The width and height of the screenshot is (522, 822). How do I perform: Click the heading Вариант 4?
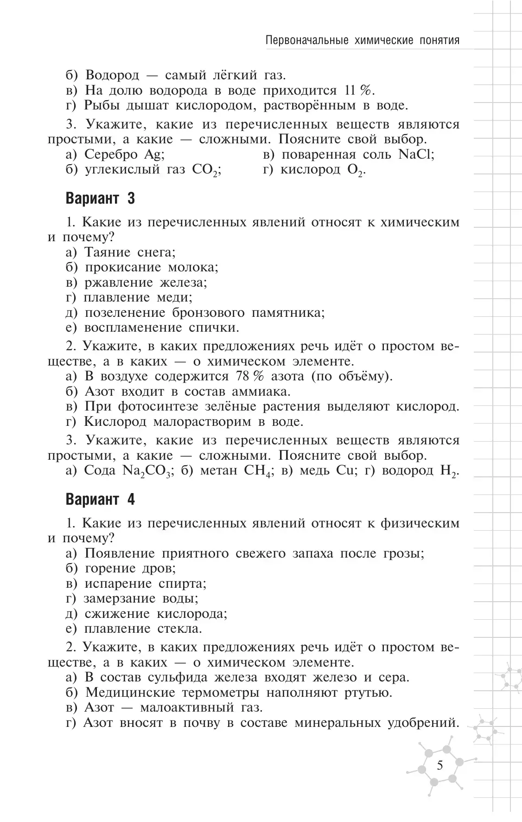click(x=100, y=500)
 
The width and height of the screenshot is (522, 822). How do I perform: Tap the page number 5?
click(x=439, y=765)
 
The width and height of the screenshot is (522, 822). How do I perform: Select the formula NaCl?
click(x=415, y=154)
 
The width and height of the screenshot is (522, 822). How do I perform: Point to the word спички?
click(x=214, y=328)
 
